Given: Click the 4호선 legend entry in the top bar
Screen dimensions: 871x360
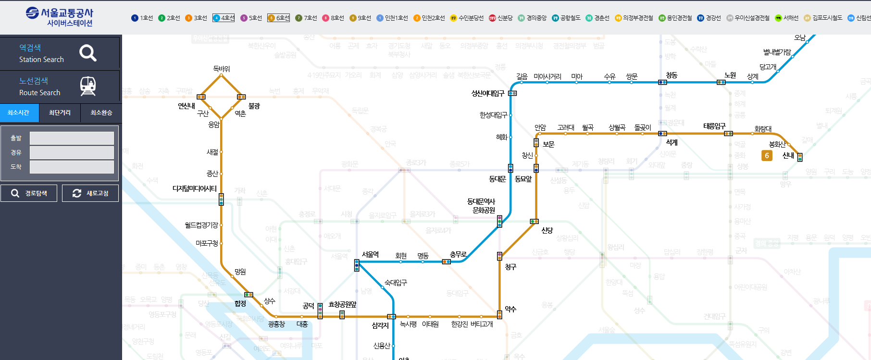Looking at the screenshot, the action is [224, 18].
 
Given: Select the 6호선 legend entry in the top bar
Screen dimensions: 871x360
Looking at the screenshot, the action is [278, 18].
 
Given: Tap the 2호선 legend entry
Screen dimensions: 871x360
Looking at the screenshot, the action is [169, 18].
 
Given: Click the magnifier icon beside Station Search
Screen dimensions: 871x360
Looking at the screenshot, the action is [88, 53].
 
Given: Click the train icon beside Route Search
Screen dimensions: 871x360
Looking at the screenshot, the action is [88, 86].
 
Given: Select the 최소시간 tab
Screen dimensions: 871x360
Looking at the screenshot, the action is [19, 113].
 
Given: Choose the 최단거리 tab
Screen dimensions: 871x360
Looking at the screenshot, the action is [60, 113].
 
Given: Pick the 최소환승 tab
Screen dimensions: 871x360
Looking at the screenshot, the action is [101, 113].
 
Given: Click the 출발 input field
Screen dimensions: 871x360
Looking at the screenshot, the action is [72, 138].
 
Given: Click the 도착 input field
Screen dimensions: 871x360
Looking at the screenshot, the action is [72, 167].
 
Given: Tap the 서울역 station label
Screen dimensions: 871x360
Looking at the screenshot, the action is [370, 255].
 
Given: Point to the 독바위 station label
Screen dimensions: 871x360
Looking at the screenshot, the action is [222, 69].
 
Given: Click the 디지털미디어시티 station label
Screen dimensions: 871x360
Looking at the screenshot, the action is [195, 189].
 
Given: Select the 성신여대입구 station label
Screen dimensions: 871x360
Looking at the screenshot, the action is [487, 93].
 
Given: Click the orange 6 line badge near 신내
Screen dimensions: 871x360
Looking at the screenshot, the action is [767, 156].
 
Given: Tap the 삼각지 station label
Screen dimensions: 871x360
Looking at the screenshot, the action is [380, 325].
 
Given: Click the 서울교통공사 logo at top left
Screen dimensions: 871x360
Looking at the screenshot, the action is [60, 17].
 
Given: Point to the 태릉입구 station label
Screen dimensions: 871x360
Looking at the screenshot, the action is [714, 126].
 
